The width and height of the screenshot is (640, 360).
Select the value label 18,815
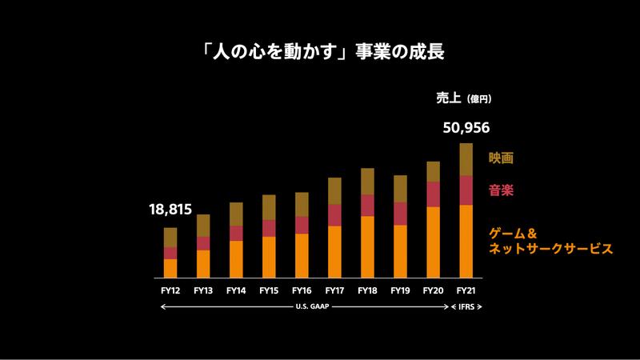pos(170,210)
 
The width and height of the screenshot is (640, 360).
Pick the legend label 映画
pos(501,158)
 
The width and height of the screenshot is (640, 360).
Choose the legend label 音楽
pos(501,191)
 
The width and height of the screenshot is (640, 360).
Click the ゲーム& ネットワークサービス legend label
pos(550,241)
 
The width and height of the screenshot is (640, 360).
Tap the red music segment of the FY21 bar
pos(466,190)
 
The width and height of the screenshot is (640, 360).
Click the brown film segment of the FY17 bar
pos(334,190)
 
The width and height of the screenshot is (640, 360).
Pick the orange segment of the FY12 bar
pos(170,268)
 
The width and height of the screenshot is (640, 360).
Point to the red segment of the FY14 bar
pos(236,233)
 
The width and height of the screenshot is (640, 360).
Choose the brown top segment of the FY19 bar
pos(400,189)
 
